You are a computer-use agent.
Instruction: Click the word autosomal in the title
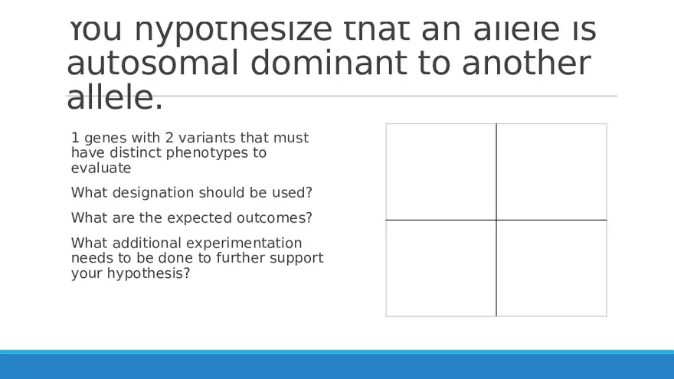tap(152, 63)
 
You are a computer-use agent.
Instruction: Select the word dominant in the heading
tap(329, 63)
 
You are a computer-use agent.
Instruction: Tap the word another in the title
tap(527, 63)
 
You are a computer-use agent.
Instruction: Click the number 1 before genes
tap(75, 138)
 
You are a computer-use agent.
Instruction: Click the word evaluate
tap(101, 168)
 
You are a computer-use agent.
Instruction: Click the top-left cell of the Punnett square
tap(441, 172)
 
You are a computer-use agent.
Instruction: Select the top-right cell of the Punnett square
tap(551, 172)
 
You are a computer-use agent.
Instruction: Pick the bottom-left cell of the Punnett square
tap(441, 268)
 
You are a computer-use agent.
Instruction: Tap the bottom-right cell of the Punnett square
tap(551, 268)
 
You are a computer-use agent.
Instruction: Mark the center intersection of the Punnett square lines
tap(496, 220)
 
